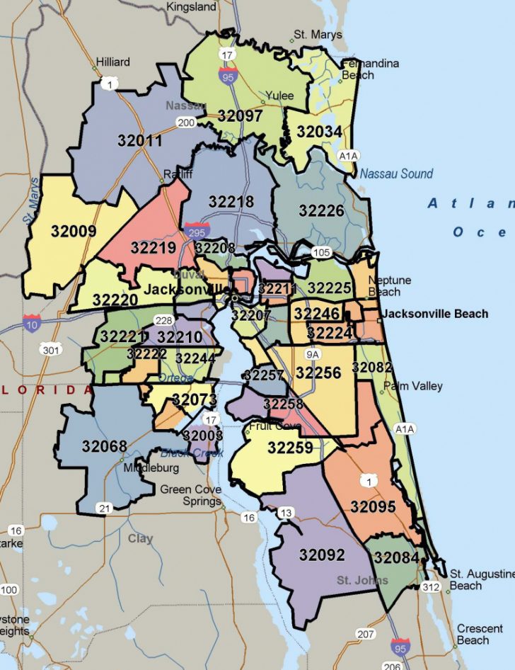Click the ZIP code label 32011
coord(140,140)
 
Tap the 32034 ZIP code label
coord(319,132)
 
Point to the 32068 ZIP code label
coord(104,446)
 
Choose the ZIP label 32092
coord(322,555)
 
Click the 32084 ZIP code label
coord(397,557)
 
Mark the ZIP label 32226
coord(321,210)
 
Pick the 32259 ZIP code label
coord(290,448)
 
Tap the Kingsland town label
coord(191,6)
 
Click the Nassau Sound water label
coord(396,174)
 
